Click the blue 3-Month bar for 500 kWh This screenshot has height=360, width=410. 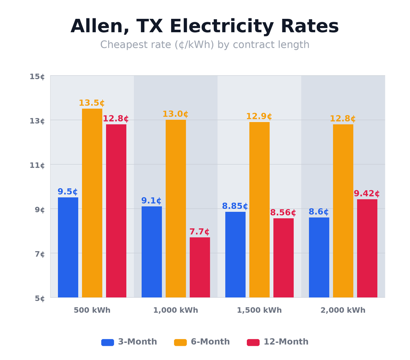(68, 247)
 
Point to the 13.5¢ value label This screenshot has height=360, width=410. (92, 103)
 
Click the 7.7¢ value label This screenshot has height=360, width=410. (200, 232)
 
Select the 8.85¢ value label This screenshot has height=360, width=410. (235, 206)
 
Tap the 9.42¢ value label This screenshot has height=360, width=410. (367, 194)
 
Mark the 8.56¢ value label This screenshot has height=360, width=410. (283, 213)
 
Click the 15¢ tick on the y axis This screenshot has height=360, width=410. (37, 77)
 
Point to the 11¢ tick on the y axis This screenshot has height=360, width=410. (37, 165)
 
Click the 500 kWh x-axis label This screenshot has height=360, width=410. (92, 311)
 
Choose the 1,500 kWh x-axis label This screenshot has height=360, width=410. (259, 311)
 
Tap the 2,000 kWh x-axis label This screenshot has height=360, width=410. (343, 311)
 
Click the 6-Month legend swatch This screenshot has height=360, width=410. (180, 342)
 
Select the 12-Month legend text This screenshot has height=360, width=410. (286, 342)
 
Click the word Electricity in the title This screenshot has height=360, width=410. (233, 27)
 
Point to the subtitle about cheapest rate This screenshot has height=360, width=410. (205, 45)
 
